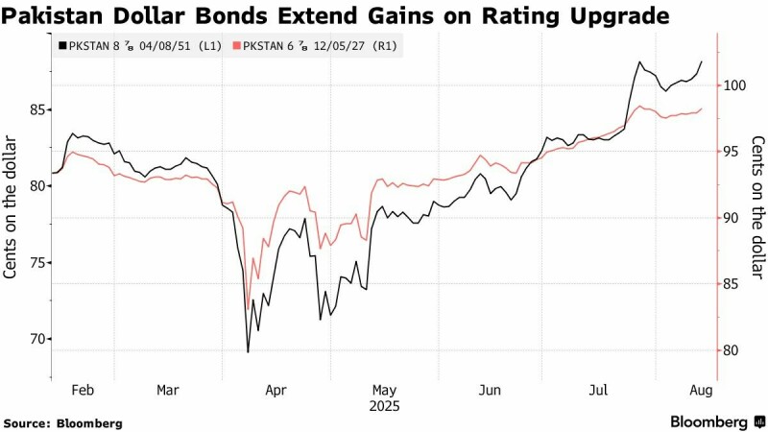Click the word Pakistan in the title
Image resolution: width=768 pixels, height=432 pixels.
[x=48, y=15]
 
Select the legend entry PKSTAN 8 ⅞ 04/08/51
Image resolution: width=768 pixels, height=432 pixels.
[x=140, y=45]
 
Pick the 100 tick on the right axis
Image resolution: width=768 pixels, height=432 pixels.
[x=735, y=85]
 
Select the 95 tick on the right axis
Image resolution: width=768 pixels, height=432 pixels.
[x=732, y=152]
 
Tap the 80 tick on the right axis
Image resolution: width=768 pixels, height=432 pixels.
[x=732, y=350]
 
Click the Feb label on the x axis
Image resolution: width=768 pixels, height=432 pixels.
[x=84, y=390]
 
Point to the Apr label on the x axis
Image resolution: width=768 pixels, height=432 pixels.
[x=276, y=390]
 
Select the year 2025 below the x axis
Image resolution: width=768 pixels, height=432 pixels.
[x=384, y=405]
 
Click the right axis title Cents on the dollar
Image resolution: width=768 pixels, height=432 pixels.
[x=757, y=207]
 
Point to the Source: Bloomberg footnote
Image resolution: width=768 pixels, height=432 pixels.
[x=62, y=422]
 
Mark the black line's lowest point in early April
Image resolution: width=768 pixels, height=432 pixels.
[x=248, y=352]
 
